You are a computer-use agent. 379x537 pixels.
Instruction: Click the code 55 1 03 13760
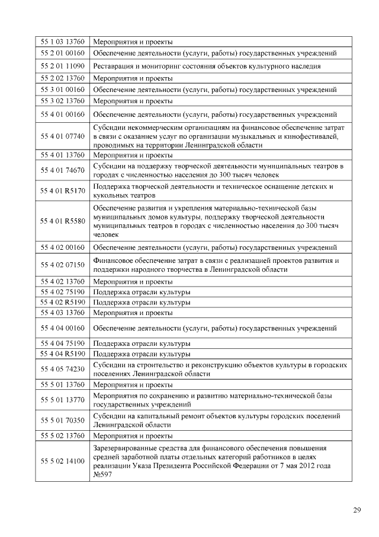pyautogui.click(x=62, y=42)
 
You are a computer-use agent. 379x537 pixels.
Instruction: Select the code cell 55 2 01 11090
pyautogui.click(x=62, y=66)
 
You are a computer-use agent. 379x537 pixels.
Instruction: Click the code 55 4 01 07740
pyautogui.click(x=62, y=136)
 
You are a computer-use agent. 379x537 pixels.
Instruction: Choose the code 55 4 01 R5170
pyautogui.click(x=62, y=191)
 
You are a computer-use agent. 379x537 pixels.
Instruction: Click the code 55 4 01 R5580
pyautogui.click(x=62, y=221)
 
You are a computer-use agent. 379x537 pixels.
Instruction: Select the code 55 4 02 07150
pyautogui.click(x=62, y=265)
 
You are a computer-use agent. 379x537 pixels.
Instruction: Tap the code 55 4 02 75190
pyautogui.click(x=62, y=292)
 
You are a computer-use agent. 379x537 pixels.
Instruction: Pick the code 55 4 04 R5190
pyautogui.click(x=62, y=354)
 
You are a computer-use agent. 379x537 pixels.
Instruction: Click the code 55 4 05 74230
pyautogui.click(x=62, y=370)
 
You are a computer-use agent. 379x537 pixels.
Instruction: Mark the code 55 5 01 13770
pyautogui.click(x=62, y=400)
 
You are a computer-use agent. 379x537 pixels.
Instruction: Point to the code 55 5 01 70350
pyautogui.click(x=62, y=421)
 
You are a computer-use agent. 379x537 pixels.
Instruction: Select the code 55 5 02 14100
pyautogui.click(x=62, y=461)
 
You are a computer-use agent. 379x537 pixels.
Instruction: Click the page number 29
pyautogui.click(x=356, y=510)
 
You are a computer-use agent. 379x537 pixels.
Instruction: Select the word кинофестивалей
pyautogui.click(x=312, y=136)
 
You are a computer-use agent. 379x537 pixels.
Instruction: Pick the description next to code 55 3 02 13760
pyautogui.click(x=133, y=101)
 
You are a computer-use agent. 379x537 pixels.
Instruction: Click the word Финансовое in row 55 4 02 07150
pyautogui.click(x=115, y=260)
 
